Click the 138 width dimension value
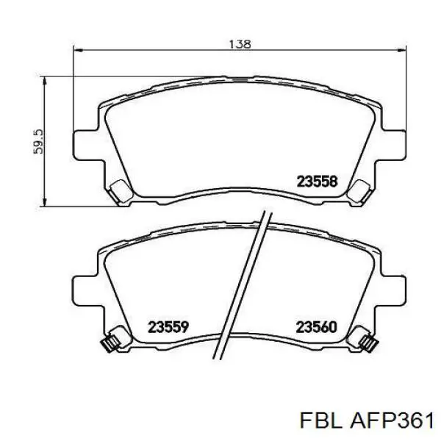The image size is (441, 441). (x=240, y=43)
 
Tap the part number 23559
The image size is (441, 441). (x=169, y=326)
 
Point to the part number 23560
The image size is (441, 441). (x=316, y=326)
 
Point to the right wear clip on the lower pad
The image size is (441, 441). (x=365, y=341)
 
